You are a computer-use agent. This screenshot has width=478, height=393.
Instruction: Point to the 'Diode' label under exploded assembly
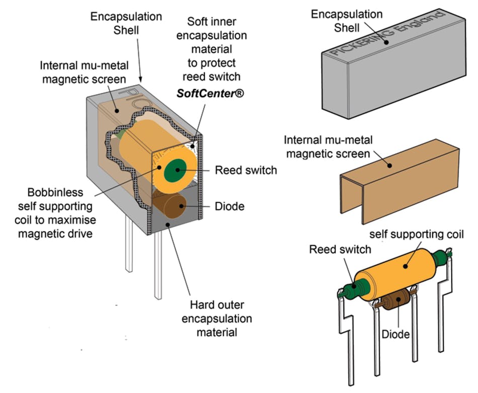[x=395, y=334]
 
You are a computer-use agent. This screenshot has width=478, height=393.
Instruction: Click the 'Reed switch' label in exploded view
[x=340, y=249]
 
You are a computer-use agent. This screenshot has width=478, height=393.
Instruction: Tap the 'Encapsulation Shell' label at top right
[x=347, y=20]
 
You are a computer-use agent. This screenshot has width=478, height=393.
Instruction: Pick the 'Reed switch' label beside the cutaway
[x=246, y=170]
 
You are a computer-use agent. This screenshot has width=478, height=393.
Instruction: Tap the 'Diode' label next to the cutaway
[x=229, y=206]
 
